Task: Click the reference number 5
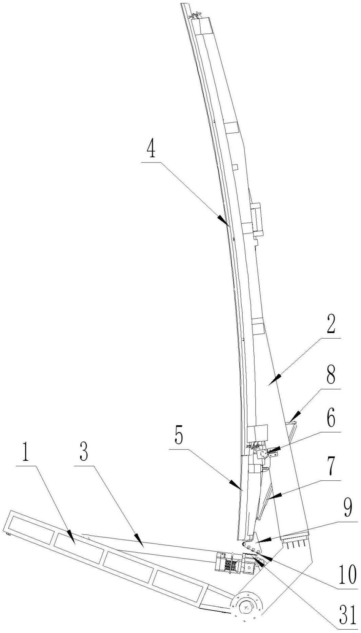pyautogui.click(x=179, y=437)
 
